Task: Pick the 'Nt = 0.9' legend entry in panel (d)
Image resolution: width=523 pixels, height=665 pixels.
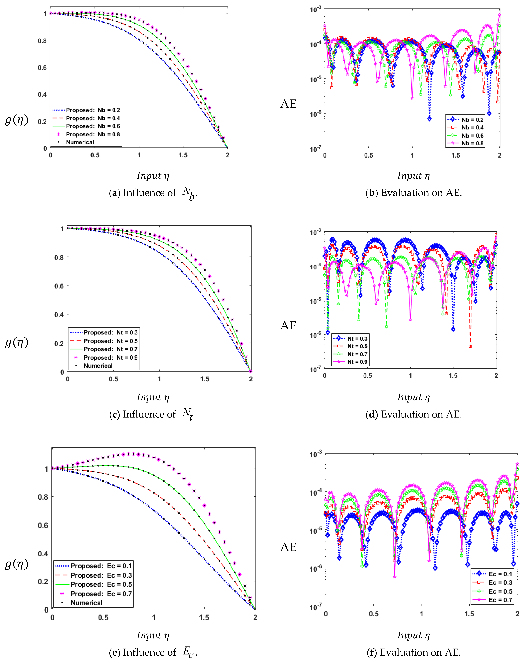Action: point(357,362)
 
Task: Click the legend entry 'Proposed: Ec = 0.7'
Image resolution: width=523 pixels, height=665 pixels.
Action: point(101,594)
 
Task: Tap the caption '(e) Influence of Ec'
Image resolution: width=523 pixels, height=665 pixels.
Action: point(153,652)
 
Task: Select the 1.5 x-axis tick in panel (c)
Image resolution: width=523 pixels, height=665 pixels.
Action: point(205,379)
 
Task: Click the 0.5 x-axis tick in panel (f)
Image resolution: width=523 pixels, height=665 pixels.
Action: point(374,614)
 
